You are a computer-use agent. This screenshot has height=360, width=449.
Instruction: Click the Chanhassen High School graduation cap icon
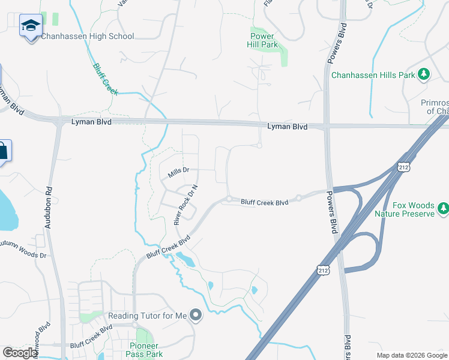pyautogui.click(x=31, y=26)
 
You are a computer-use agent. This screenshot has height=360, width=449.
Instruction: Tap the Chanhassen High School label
pyautogui.click(x=88, y=37)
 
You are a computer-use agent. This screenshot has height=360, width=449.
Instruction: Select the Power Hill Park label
pyautogui.click(x=263, y=40)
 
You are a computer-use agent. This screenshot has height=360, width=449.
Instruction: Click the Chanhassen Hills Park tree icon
pyautogui.click(x=424, y=74)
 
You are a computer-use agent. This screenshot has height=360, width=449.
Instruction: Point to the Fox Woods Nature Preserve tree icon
pyautogui.click(x=444, y=208)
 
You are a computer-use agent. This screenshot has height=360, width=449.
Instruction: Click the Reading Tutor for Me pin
pyautogui.click(x=195, y=315)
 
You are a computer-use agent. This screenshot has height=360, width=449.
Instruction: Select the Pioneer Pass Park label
pyautogui.click(x=144, y=350)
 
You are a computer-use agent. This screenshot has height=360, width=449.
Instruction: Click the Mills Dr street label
pyautogui.click(x=178, y=172)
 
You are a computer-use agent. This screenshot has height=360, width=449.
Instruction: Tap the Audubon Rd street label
pyautogui.click(x=49, y=206)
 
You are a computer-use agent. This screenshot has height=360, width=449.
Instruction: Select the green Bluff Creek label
pyautogui.click(x=105, y=79)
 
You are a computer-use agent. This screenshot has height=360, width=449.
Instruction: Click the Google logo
pyautogui.click(x=19, y=353)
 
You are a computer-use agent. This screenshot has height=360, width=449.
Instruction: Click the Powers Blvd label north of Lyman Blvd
pyautogui.click(x=337, y=43)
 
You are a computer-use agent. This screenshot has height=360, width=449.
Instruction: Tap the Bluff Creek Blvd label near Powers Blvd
pyautogui.click(x=264, y=203)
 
